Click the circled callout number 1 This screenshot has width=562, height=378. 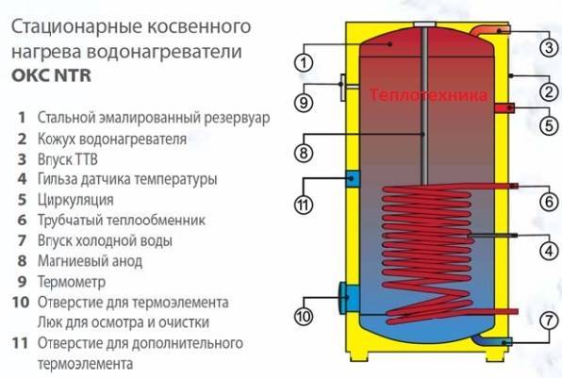(x=304, y=63)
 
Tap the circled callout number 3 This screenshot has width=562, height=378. (x=549, y=47)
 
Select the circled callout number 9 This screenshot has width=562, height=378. (x=304, y=103)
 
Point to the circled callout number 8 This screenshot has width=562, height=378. (x=304, y=154)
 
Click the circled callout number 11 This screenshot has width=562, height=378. (x=304, y=205)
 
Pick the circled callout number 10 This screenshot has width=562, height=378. (x=304, y=317)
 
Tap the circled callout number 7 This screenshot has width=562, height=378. (x=549, y=320)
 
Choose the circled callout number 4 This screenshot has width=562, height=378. (x=549, y=251)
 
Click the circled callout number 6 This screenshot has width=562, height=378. (x=549, y=202)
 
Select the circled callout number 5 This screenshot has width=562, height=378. (x=549, y=125)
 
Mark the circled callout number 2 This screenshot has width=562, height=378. (x=549, y=92)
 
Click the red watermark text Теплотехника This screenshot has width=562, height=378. (x=428, y=94)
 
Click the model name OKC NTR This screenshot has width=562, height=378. (x=51, y=75)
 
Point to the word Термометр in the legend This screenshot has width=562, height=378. (x=72, y=282)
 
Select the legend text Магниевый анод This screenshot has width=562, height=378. (x=90, y=261)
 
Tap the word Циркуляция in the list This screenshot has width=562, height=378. (x=75, y=200)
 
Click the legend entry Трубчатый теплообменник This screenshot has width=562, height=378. (x=122, y=220)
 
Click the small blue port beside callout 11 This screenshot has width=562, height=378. (x=353, y=179)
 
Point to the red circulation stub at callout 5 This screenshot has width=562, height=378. (x=504, y=107)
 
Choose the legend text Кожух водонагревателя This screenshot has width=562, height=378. (x=112, y=139)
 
